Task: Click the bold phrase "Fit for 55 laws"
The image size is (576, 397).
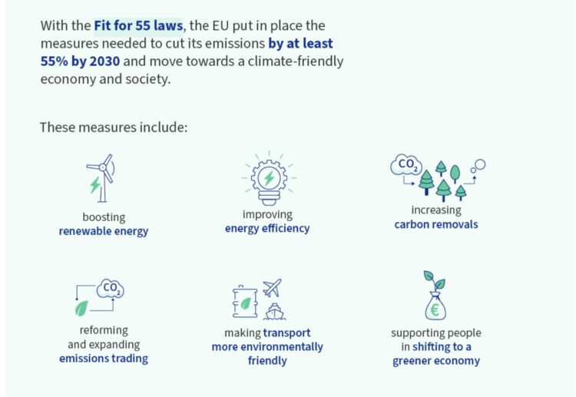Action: (138, 25)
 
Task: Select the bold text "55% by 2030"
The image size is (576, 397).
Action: (80, 61)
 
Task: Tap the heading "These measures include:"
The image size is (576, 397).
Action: (114, 127)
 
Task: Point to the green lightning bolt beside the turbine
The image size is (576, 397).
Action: (95, 185)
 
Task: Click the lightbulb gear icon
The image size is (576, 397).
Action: (270, 177)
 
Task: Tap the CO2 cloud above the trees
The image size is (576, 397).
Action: (406, 164)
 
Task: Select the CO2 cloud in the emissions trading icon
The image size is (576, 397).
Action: (110, 288)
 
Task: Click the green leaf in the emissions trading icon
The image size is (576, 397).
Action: (81, 308)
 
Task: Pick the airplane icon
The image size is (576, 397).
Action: (272, 287)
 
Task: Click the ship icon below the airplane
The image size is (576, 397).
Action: (275, 312)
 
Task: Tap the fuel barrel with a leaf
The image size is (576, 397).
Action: (245, 302)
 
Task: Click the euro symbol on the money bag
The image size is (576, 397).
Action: (435, 310)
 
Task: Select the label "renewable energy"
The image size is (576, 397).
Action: (104, 231)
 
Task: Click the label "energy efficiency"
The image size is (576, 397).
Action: (267, 228)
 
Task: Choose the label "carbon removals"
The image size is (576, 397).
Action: (436, 224)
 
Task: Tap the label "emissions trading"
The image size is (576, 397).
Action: (104, 359)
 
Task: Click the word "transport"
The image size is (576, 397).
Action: (287, 332)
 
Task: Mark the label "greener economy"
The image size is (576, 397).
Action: (436, 361)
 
